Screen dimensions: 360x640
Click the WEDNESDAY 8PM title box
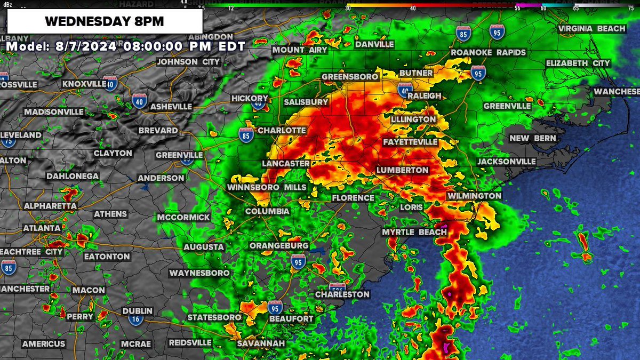tap(105, 22)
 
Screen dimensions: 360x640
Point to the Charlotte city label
tap(282, 131)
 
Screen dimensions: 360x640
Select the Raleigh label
tap(423, 95)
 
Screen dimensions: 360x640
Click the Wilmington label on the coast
tap(474, 196)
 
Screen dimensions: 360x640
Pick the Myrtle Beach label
tap(414, 232)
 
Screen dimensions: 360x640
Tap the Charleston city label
tap(342, 294)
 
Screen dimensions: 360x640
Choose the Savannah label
tap(261, 343)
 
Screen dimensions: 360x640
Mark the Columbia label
tap(267, 212)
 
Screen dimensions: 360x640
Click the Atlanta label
tap(42, 228)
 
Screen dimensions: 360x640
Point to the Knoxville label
tap(84, 84)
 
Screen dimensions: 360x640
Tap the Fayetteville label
tap(410, 142)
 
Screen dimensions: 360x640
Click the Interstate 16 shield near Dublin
tap(135, 319)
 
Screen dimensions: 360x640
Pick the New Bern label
tap(532, 138)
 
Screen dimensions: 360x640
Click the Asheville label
tap(171, 107)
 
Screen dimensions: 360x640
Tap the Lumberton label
tap(402, 170)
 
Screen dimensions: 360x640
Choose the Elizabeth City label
tap(578, 63)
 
